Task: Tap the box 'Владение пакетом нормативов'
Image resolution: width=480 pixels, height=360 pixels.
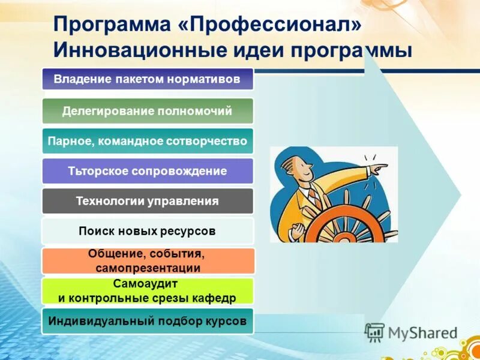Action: pyautogui.click(x=148, y=79)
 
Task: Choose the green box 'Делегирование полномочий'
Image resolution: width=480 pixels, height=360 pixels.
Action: pyautogui.click(x=148, y=111)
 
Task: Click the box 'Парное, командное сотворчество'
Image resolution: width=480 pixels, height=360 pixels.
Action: pyautogui.click(x=148, y=141)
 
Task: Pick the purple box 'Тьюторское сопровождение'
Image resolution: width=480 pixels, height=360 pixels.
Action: pyautogui.click(x=148, y=171)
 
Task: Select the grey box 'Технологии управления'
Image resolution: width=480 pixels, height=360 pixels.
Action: pyautogui.click(x=148, y=201)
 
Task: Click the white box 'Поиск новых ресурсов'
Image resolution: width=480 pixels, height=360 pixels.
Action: pyautogui.click(x=148, y=231)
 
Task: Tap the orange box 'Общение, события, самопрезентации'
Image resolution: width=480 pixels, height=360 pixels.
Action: pyautogui.click(x=148, y=261)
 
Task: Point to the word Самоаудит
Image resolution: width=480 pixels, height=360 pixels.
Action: pyautogui.click(x=148, y=284)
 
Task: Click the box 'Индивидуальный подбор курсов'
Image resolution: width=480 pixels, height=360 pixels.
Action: pyautogui.click(x=148, y=321)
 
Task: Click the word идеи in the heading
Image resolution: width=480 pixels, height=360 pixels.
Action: pyautogui.click(x=259, y=49)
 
